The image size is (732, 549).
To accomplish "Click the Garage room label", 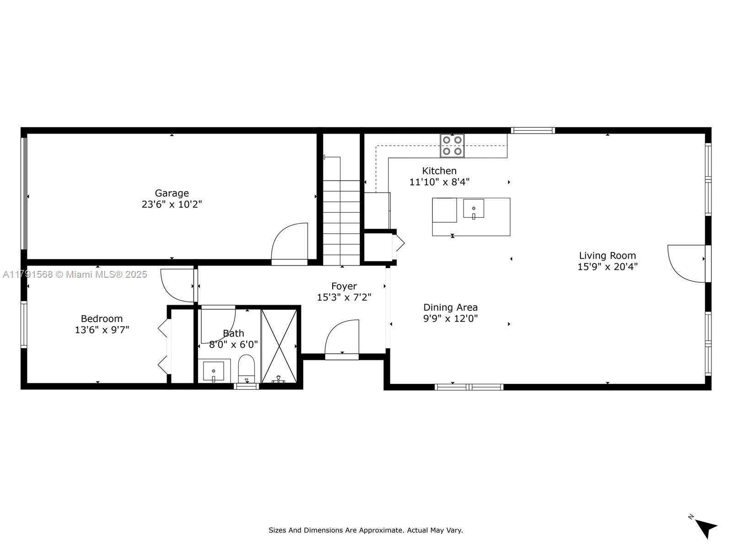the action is tap(172, 194).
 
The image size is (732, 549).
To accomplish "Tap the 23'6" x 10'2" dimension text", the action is tap(172, 205).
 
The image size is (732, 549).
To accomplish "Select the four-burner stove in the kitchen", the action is tap(452, 145).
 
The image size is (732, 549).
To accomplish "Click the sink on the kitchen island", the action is tap(474, 209).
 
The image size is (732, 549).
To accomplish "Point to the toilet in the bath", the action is tap(247, 368).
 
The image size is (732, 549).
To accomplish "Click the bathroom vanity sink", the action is tap(214, 371).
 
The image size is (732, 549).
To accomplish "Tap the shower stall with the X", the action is tap(279, 346).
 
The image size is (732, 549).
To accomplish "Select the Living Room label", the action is tap(607, 256).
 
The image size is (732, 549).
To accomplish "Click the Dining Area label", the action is tap(450, 307).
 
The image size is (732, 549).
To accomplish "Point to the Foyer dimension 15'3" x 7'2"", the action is tap(344, 297).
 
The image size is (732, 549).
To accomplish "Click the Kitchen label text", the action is tap(439, 171).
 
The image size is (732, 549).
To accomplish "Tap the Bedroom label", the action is tap(102, 319).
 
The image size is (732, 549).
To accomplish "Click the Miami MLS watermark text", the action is tap(75, 274).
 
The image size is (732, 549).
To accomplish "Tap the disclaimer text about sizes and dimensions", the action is tap(366, 530).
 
